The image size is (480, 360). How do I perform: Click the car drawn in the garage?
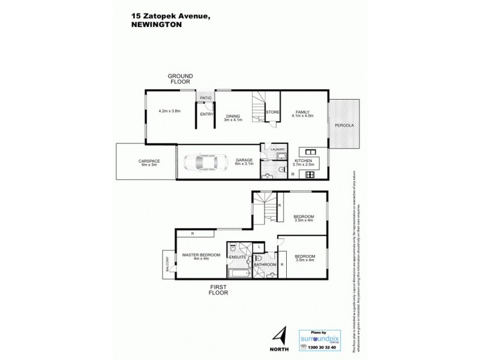click(205, 162)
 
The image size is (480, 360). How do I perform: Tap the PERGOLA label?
click(344, 125)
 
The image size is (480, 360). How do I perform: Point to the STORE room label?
click(273, 112)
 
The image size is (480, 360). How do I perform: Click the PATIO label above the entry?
click(206, 98)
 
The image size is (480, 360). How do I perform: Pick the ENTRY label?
click(206, 114)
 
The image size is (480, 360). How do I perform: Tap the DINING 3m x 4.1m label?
click(232, 118)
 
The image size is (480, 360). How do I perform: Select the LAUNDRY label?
click(277, 149)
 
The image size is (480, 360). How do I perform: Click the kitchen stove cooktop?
click(311, 175)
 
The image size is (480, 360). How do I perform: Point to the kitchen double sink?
click(311, 152)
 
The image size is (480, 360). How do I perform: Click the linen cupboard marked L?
click(257, 247)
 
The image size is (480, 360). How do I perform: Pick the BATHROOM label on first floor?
click(265, 265)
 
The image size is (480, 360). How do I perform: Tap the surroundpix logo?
click(320, 338)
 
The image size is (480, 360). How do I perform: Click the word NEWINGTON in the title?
click(157, 26)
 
